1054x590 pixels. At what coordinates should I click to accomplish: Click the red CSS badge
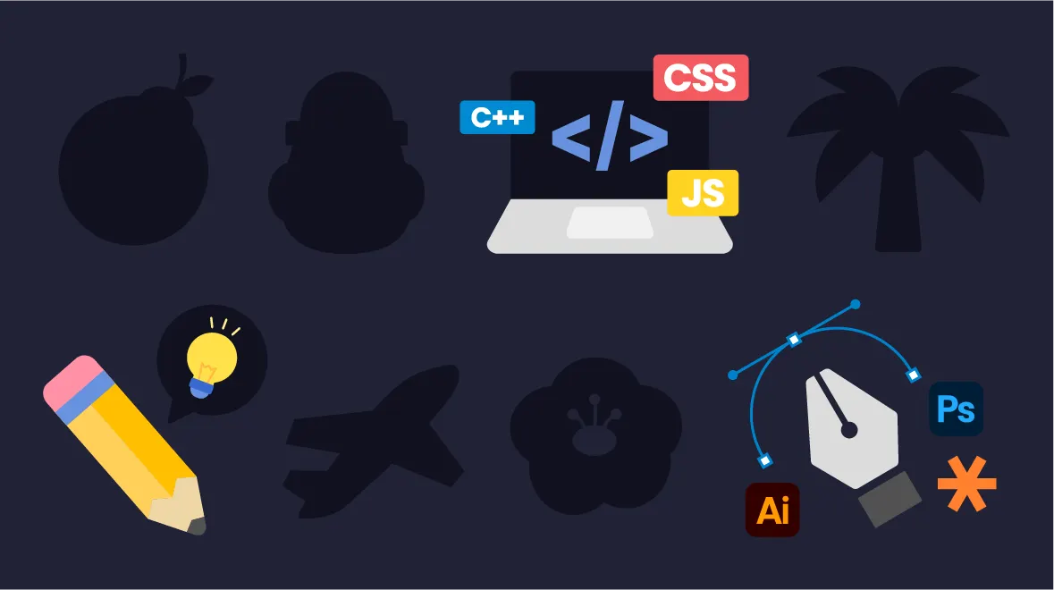[700, 78]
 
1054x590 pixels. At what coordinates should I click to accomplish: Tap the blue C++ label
[497, 117]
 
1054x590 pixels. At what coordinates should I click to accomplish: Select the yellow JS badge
[703, 193]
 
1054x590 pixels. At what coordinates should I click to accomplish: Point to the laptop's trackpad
[610, 223]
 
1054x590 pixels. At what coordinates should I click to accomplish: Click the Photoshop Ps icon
[956, 409]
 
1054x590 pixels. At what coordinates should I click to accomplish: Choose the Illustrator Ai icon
[772, 510]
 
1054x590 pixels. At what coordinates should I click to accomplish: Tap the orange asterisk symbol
[966, 483]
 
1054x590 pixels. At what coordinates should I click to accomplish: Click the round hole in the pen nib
[849, 431]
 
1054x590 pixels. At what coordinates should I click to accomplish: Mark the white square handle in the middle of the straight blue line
[793, 339]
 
